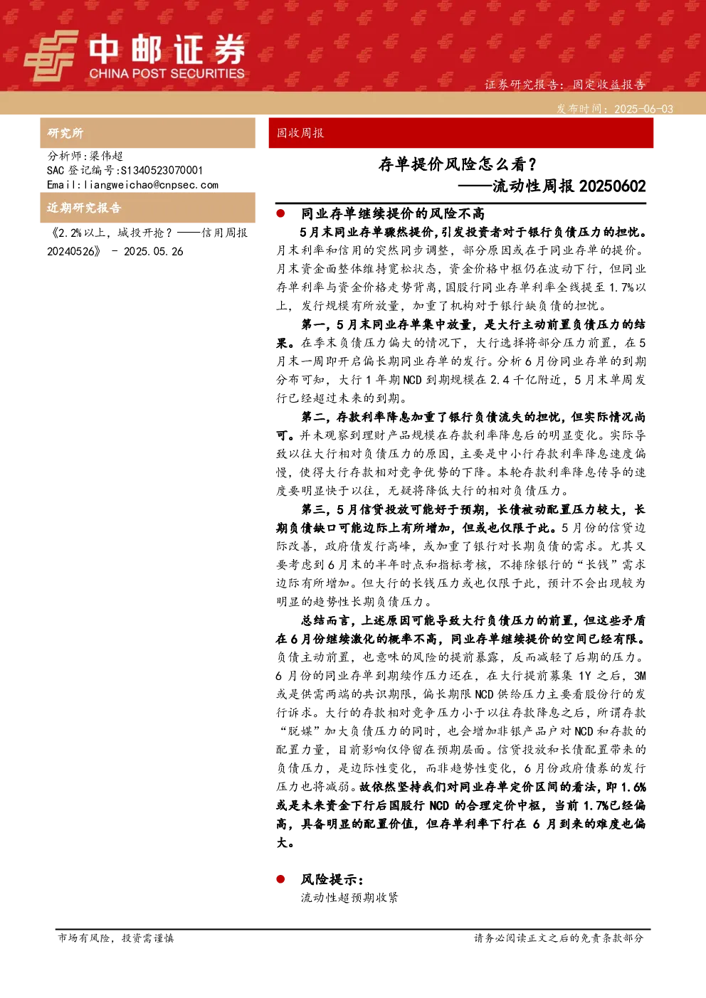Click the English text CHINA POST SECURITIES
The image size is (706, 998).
167,73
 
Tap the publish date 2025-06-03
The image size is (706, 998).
643,109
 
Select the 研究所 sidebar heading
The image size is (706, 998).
65,133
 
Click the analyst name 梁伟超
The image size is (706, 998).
106,156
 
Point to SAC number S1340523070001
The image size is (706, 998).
162,170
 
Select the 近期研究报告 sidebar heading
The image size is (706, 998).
84,208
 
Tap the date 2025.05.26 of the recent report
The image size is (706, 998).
154,252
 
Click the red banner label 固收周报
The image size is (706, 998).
300,133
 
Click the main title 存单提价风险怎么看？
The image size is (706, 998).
458,164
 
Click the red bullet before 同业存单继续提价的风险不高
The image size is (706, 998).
280,214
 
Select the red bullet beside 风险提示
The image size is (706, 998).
280,879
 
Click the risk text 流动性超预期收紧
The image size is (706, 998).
349,897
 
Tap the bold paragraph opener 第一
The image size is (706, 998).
313,325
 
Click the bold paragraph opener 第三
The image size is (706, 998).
313,509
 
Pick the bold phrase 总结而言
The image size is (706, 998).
325,620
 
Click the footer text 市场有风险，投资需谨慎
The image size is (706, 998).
116,938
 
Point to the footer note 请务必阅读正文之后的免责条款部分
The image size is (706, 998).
559,938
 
